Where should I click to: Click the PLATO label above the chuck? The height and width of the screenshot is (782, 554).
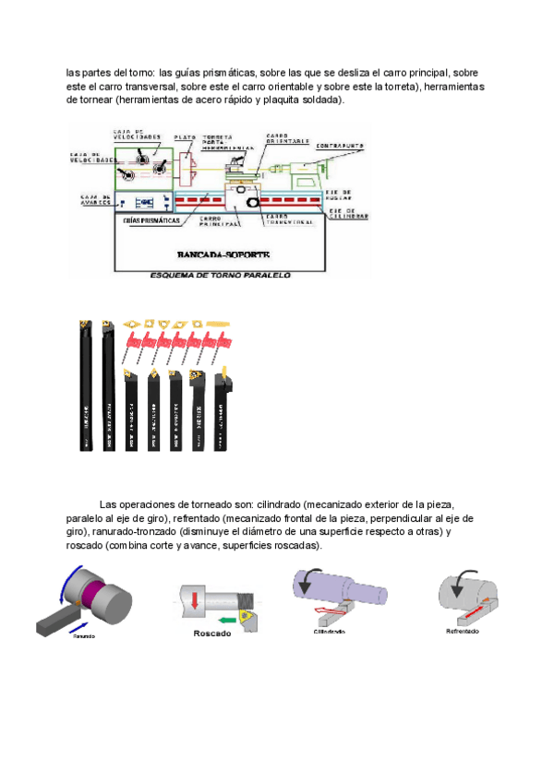click(185, 136)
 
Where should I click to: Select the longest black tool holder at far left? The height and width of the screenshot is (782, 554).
click(86, 387)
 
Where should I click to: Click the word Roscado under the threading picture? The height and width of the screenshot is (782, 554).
click(212, 634)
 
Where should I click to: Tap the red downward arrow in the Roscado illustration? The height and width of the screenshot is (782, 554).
click(196, 599)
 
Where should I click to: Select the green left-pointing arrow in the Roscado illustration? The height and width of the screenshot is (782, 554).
click(222, 620)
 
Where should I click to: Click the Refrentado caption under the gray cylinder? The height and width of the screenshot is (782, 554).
click(462, 632)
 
